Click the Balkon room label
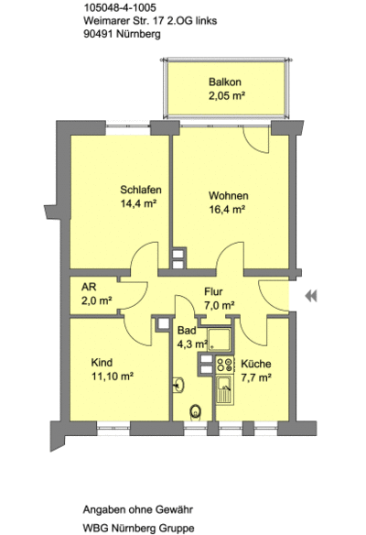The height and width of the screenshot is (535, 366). pyautogui.click(x=224, y=82)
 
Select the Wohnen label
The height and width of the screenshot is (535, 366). pyautogui.click(x=229, y=196)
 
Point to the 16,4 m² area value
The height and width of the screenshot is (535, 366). pyautogui.click(x=227, y=210)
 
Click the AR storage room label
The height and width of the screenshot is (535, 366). pyautogui.click(x=89, y=287)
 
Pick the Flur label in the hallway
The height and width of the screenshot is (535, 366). pyautogui.click(x=213, y=291)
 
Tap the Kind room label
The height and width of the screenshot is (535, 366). pyautogui.click(x=102, y=363)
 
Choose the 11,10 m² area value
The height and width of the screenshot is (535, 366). pyautogui.click(x=113, y=377)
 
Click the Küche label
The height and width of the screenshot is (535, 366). pyautogui.click(x=256, y=364)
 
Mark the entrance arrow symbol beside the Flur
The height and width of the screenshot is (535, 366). pyautogui.click(x=311, y=296)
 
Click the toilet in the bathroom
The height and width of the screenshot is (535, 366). pyautogui.click(x=195, y=412)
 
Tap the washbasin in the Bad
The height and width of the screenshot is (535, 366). pyautogui.click(x=178, y=385)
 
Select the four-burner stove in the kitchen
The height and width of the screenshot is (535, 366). pyautogui.click(x=225, y=364)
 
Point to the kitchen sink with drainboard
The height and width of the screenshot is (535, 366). pyautogui.click(x=225, y=390)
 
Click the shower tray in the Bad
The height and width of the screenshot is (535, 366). pyautogui.click(x=219, y=340)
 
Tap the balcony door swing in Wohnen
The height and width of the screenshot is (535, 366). pyautogui.click(x=256, y=140)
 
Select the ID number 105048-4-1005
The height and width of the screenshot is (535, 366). pyautogui.click(x=120, y=7)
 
